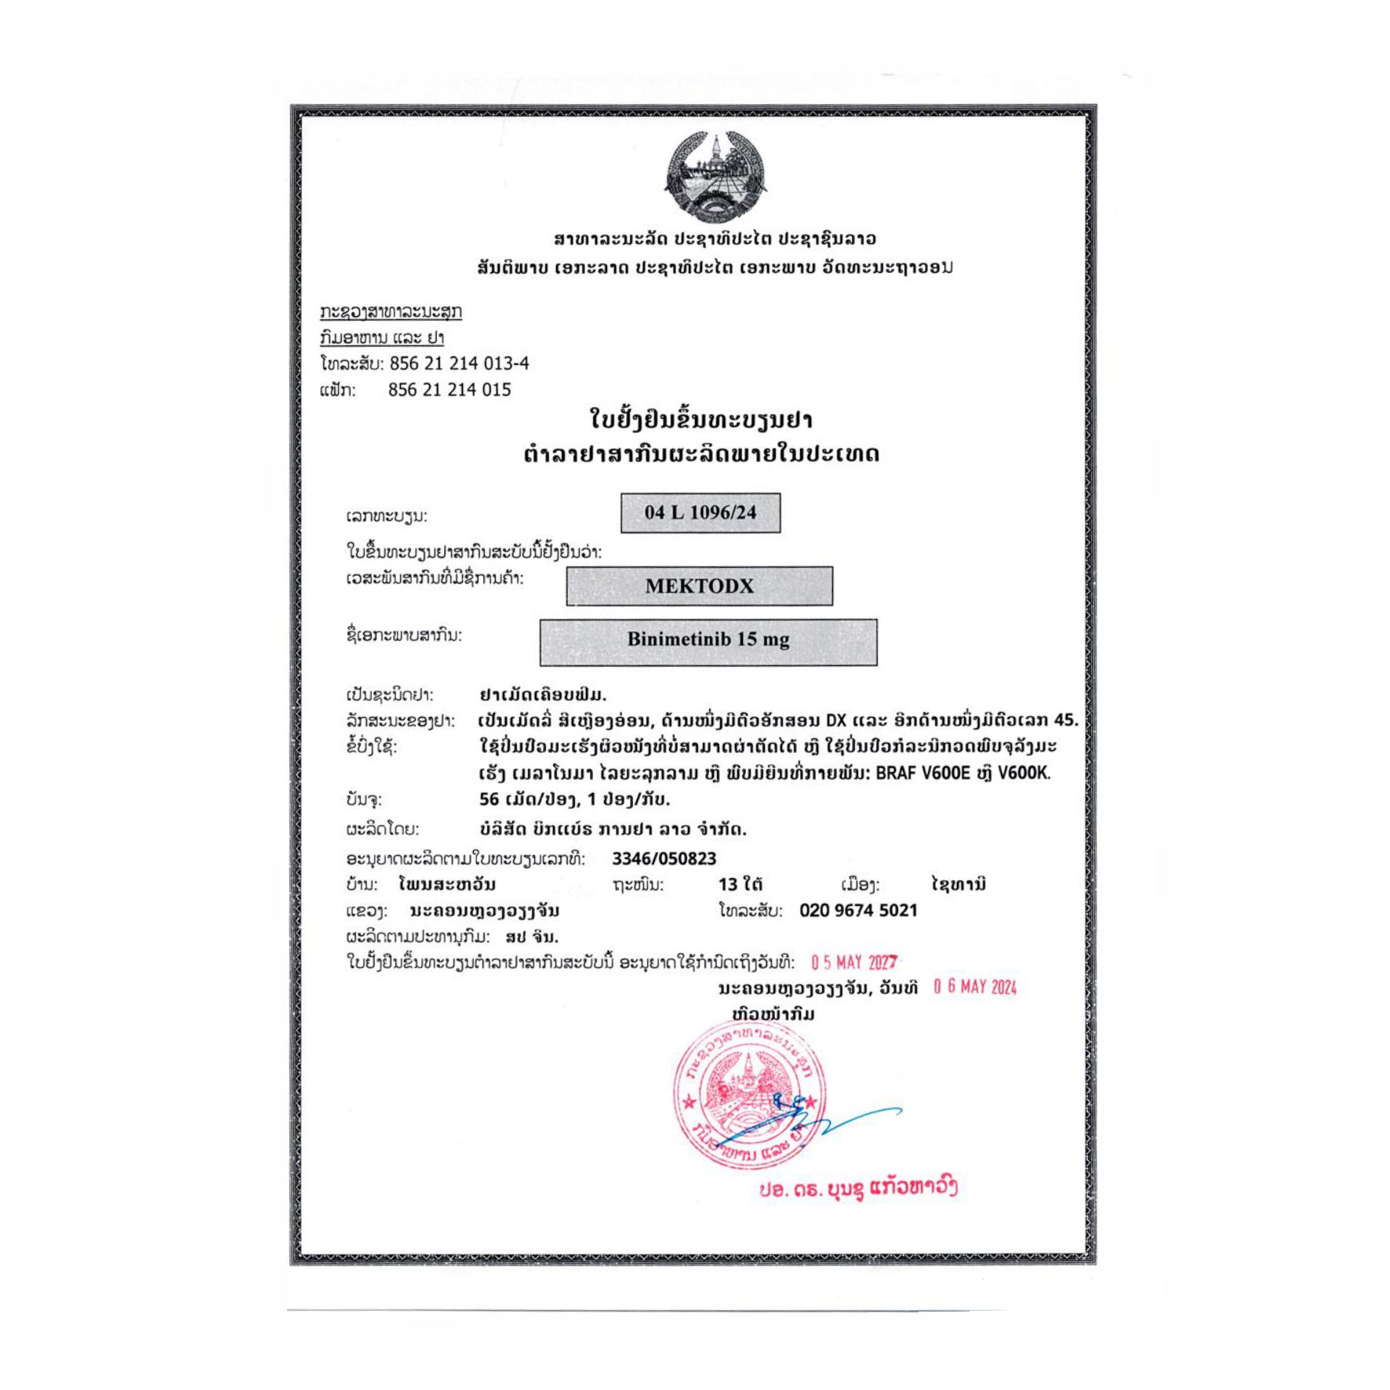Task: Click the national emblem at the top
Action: pyautogui.click(x=715, y=174)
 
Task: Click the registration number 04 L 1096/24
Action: pyautogui.click(x=700, y=513)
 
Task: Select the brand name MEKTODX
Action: pyautogui.click(x=699, y=586)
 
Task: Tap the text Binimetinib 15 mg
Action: pyautogui.click(x=708, y=639)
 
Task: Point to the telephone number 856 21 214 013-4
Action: pyautogui.click(x=459, y=363)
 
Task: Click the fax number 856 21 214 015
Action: pyautogui.click(x=449, y=390)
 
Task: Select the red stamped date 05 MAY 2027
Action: pyautogui.click(x=854, y=962)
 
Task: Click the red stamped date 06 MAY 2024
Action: pyautogui.click(x=975, y=987)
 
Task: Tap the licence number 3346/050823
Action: pyautogui.click(x=664, y=858)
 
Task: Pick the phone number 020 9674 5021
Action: pyautogui.click(x=858, y=910)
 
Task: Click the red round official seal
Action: pyautogui.click(x=749, y=1094)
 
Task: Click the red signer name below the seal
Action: pyautogui.click(x=857, y=1188)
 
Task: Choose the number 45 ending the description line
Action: pyautogui.click(x=1064, y=720)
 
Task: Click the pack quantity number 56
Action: pyautogui.click(x=489, y=799)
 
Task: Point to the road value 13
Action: pyautogui.click(x=727, y=884)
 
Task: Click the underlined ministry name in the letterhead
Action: pyautogui.click(x=391, y=311)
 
